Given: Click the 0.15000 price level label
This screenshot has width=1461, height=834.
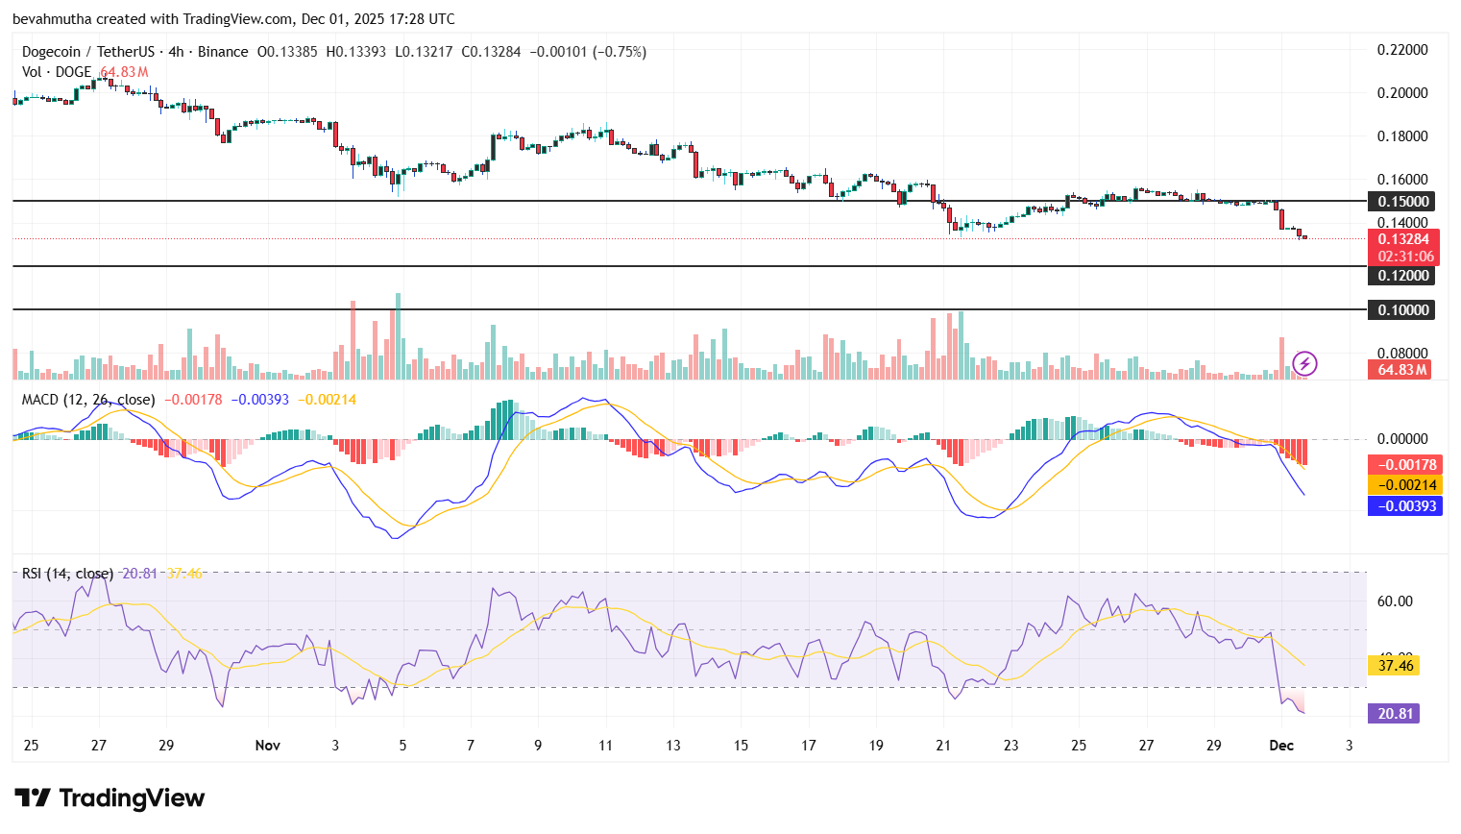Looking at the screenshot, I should click(1403, 201).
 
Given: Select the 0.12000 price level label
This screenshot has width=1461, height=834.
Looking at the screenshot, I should click(1403, 276).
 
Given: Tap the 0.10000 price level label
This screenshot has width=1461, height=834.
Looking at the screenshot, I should click(1403, 309).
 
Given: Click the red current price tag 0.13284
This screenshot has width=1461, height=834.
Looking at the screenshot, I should click(1403, 239).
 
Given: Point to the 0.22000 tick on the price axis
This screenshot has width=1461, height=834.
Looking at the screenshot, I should click(1402, 50).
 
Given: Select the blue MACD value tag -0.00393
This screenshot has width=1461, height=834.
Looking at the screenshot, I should click(1405, 505).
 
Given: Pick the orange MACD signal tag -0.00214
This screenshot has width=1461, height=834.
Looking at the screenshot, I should click(1405, 485).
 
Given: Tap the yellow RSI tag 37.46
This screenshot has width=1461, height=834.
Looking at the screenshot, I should click(1395, 665).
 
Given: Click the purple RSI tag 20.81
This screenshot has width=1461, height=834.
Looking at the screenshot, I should click(1395, 713).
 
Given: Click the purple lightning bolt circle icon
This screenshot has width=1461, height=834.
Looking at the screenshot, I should click(1304, 363).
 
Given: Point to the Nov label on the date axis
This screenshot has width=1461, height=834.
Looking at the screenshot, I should click(268, 746).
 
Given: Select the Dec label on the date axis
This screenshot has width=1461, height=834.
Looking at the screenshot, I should click(1281, 746).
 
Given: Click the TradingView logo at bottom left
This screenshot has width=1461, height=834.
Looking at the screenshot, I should click(110, 798).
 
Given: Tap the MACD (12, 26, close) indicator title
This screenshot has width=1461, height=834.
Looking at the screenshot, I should click(88, 400).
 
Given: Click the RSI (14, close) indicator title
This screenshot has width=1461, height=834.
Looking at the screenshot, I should click(67, 574).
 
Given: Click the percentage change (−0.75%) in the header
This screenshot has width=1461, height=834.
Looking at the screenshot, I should click(621, 52).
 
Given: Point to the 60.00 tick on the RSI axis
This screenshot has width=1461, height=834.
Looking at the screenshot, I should click(1395, 601).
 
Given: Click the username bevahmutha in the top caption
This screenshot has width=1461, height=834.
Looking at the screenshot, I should click(52, 19).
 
